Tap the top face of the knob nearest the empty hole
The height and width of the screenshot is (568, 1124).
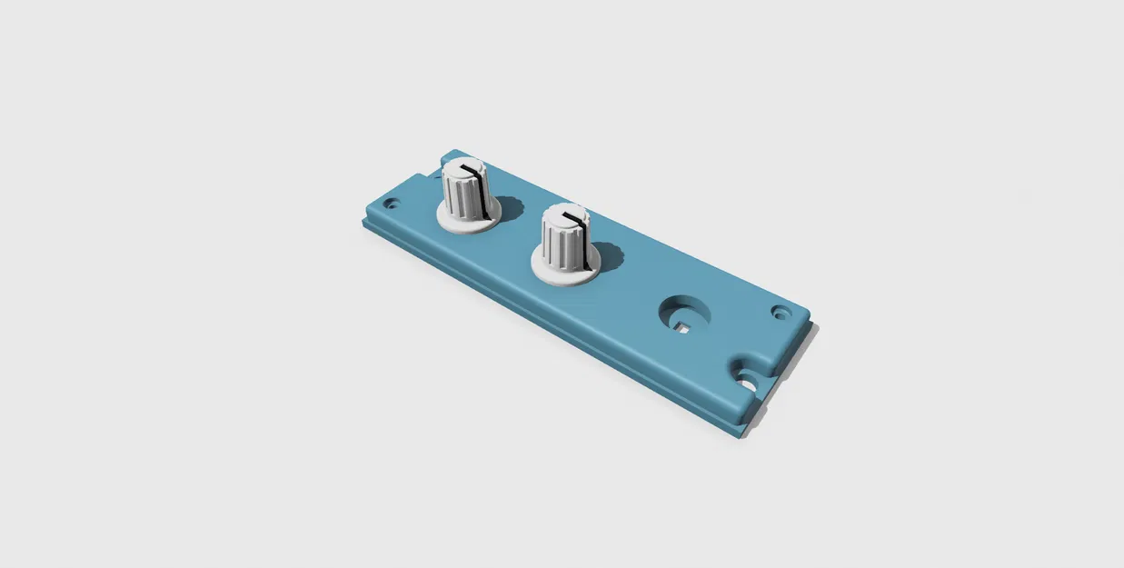[x=564, y=216]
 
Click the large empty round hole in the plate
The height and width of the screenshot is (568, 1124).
[x=683, y=312]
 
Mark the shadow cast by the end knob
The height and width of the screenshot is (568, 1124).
[x=509, y=207]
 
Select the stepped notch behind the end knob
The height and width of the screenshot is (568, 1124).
[x=431, y=169]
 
